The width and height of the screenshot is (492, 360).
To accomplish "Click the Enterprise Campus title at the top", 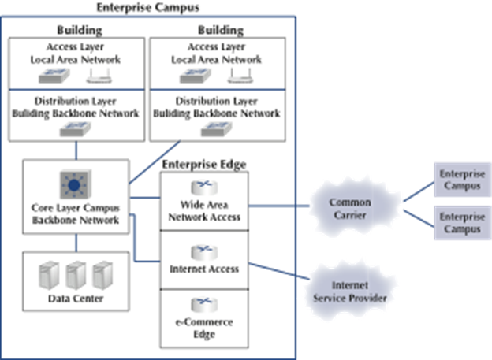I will tap(147, 7).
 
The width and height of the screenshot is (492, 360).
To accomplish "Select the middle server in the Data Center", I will tap(75, 274).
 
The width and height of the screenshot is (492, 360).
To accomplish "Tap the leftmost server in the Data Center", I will tap(49, 274).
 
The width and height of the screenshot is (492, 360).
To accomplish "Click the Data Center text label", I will tap(75, 299).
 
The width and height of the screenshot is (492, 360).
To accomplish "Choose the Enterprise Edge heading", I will tap(204, 164).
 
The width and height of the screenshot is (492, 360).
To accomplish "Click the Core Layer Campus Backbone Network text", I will tap(75, 214).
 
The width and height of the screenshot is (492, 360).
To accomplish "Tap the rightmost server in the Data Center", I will tap(101, 274).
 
